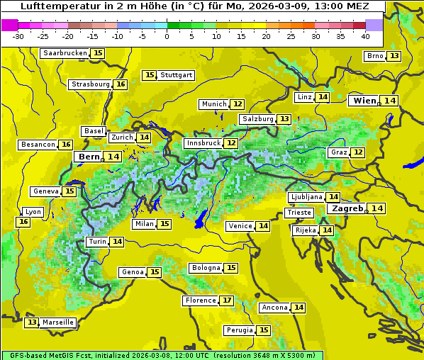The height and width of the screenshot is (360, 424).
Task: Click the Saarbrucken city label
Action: (65, 53)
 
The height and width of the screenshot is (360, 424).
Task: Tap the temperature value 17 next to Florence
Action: (227, 300)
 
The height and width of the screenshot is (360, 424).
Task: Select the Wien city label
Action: (364, 101)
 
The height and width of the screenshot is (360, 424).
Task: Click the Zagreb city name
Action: (347, 208)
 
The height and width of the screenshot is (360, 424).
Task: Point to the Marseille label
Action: (58, 322)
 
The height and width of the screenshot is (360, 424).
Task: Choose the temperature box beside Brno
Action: (394, 56)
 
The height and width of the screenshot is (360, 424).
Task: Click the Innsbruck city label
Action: (203, 143)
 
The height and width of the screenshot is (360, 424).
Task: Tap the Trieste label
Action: (299, 213)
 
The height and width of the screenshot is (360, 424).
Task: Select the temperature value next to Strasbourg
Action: (121, 84)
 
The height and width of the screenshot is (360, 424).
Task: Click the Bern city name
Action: (89, 157)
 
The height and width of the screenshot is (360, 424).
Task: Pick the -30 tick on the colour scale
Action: (18, 36)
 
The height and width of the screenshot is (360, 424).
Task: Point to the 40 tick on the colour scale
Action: (365, 36)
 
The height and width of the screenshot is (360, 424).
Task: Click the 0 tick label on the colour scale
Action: (167, 36)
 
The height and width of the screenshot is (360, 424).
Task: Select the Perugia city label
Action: (238, 330)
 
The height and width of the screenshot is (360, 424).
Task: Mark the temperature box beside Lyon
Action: (23, 222)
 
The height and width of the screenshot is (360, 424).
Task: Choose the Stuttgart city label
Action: (177, 75)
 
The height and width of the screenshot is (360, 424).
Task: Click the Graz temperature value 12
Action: (359, 152)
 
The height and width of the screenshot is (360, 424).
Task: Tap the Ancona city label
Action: (274, 308)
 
